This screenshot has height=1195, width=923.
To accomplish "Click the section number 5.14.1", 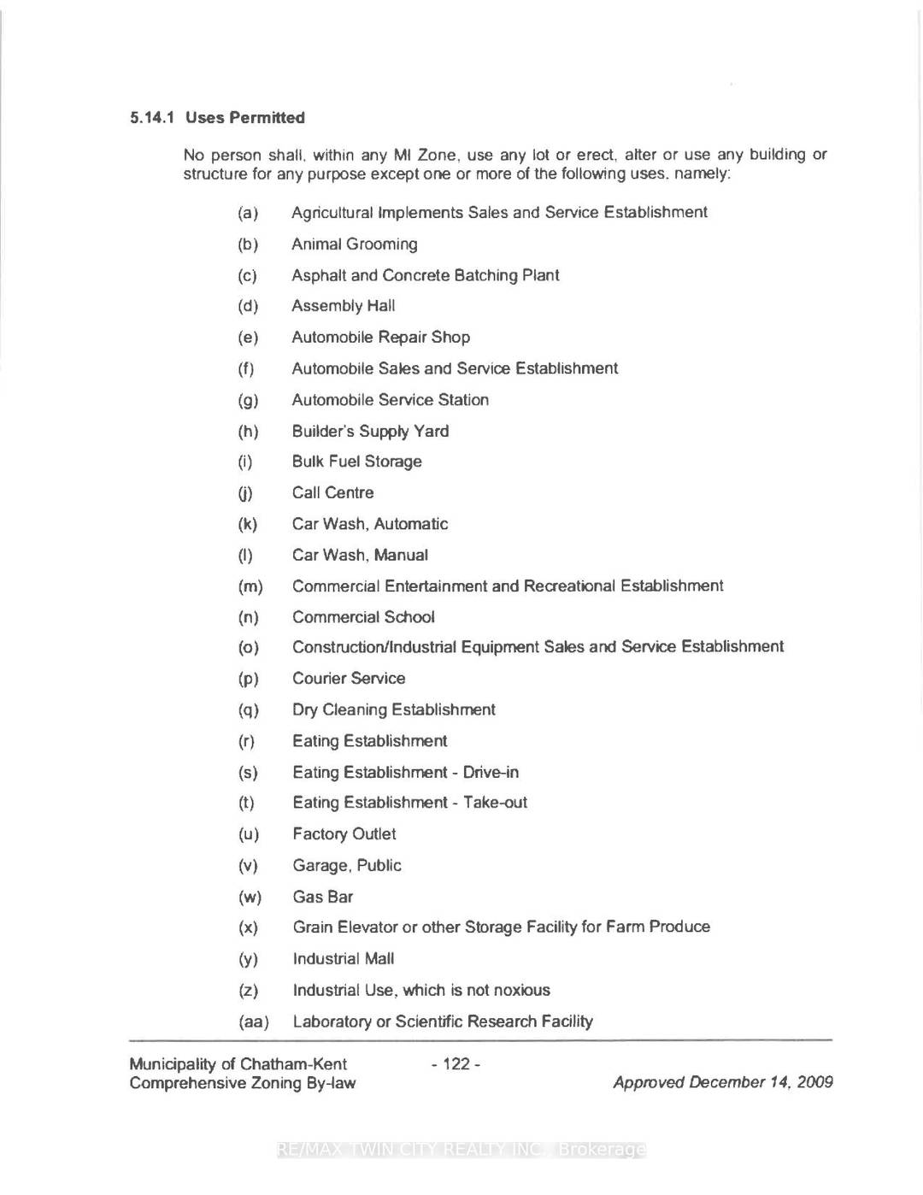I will tap(152, 118).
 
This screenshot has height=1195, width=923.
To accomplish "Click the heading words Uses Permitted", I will tap(244, 118).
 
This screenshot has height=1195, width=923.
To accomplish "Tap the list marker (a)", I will tap(248, 213).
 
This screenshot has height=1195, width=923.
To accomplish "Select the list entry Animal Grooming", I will tap(355, 244).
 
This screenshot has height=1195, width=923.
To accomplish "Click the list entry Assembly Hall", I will tap(344, 306).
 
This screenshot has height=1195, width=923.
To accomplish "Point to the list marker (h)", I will tap(248, 432).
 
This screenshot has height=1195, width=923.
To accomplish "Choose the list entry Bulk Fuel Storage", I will tap(357, 462).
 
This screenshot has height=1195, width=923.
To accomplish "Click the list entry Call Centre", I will tap(333, 493).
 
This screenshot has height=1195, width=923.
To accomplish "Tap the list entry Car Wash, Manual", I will tap(360, 556).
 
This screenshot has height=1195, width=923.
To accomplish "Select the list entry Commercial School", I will tap(363, 617).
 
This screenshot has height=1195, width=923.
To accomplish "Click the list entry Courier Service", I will tap(349, 679).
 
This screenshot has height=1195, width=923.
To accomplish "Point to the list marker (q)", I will tap(248, 710).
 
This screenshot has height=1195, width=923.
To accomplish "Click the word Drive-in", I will tap(491, 773).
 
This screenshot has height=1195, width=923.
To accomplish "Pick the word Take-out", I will tap(496, 803).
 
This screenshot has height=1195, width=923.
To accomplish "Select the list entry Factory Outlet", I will tap(344, 834).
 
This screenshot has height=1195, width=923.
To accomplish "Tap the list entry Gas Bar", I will tap(323, 897).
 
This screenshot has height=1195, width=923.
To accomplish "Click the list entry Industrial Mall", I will tap(344, 959).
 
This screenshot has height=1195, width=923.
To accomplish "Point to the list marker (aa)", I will tap(254, 1022).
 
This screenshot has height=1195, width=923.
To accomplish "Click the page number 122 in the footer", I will tap(456, 1064).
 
